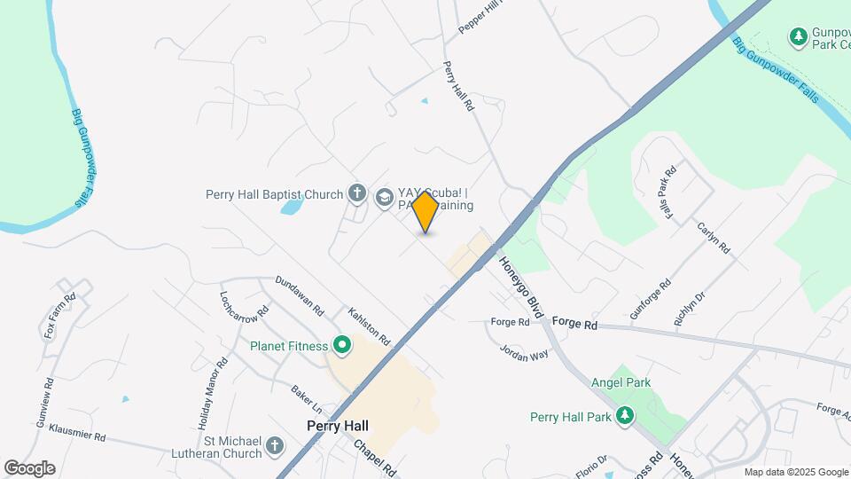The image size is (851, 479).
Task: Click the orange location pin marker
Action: pyautogui.click(x=425, y=211)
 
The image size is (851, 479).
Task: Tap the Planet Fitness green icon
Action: pyautogui.click(x=341, y=346)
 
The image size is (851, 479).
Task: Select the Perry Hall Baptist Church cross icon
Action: pyautogui.click(x=357, y=194)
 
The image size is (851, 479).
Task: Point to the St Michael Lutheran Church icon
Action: pyautogui.click(x=275, y=446)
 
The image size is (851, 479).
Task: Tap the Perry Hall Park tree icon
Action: pyautogui.click(x=626, y=416)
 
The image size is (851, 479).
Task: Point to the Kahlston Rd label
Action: pyautogui.click(x=369, y=326)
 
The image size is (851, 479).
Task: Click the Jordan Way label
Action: pyautogui.click(x=525, y=352)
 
